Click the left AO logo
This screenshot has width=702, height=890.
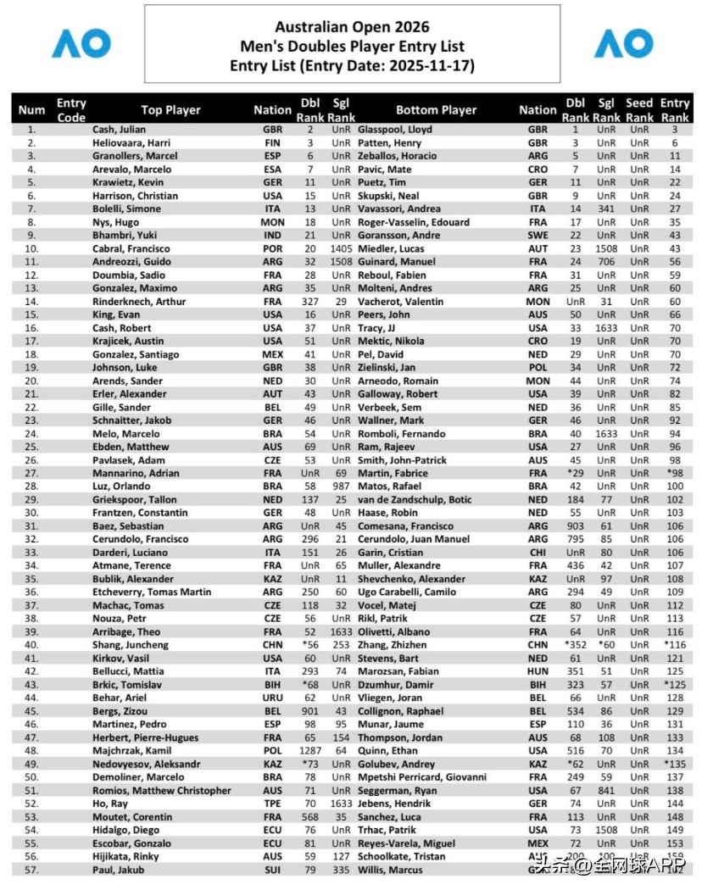tap(81, 43)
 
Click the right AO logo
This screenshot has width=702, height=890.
tap(623, 43)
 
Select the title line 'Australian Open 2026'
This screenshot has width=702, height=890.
tap(352, 28)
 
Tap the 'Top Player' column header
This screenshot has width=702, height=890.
tap(170, 110)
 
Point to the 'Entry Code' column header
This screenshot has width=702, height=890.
tap(71, 110)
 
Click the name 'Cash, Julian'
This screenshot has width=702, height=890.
tap(119, 130)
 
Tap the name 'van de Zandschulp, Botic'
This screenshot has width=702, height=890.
tap(425, 500)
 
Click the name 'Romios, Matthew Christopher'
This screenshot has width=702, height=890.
tap(161, 791)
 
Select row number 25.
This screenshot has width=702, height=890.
tap(31, 447)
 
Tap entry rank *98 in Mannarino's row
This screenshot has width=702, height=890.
tap(675, 473)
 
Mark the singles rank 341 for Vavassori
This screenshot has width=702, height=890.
tap(605, 209)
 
